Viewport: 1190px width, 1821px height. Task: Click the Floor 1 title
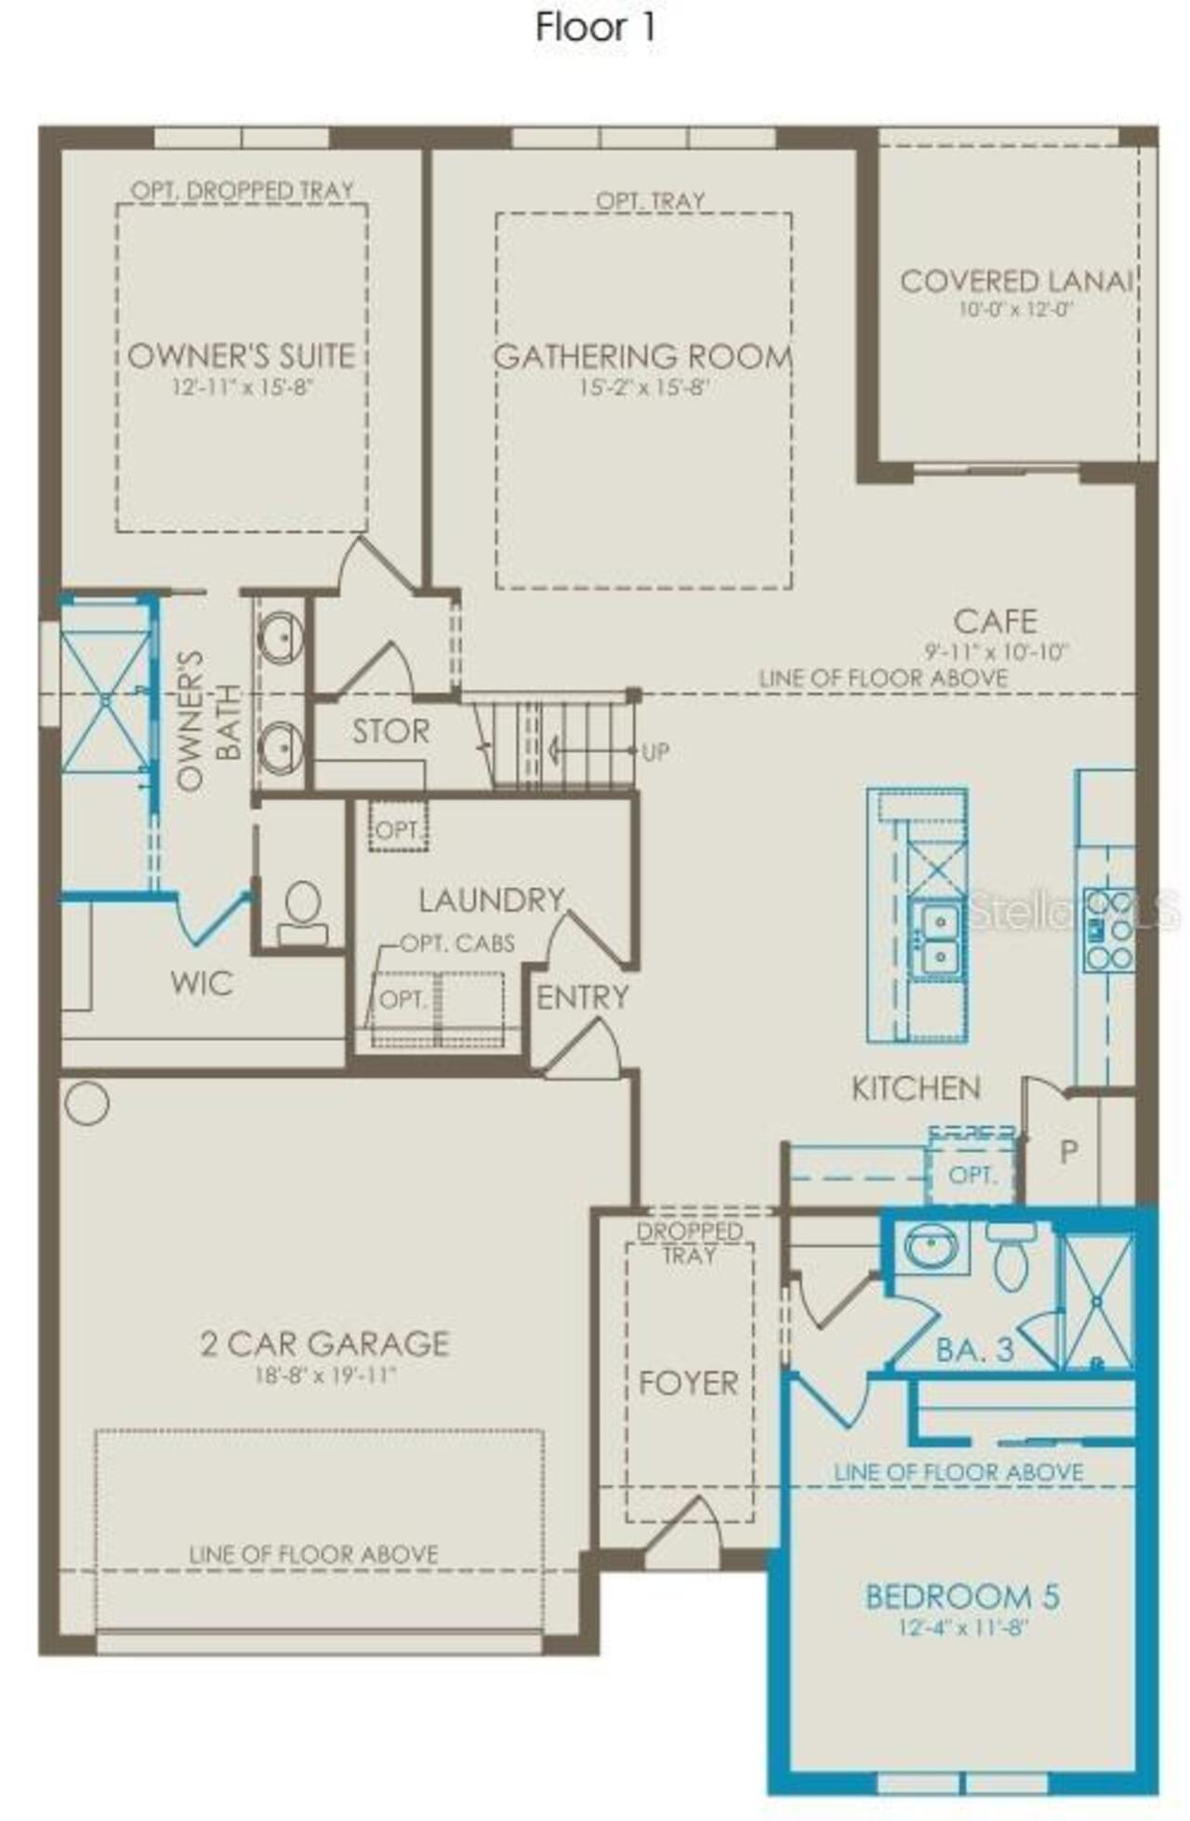[x=595, y=28]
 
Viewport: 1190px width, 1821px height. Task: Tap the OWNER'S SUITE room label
[x=241, y=356]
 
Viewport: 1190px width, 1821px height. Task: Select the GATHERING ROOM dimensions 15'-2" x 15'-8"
[x=644, y=388]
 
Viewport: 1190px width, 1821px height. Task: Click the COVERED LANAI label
[x=1015, y=281]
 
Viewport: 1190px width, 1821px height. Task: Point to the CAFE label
[x=995, y=621]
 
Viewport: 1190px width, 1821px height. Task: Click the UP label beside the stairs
[x=655, y=751]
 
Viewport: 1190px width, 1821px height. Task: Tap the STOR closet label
[x=390, y=732]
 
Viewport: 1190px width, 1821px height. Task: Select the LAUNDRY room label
[x=491, y=900]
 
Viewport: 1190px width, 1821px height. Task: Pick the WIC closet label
[x=202, y=983]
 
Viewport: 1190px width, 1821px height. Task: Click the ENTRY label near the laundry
[x=583, y=998]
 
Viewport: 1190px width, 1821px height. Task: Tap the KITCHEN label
[x=916, y=1088]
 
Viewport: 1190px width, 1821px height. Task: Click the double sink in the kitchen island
[x=938, y=937]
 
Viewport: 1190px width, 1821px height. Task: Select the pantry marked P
[x=1069, y=1152]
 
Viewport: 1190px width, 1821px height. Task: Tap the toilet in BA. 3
[x=1011, y=1257]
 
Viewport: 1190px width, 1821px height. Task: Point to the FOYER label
[x=688, y=1383]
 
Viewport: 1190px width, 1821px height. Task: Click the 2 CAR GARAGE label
[x=324, y=1343]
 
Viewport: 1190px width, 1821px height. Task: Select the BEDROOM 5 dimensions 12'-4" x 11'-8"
[x=962, y=1628]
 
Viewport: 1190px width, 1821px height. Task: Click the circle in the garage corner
[x=87, y=1103]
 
